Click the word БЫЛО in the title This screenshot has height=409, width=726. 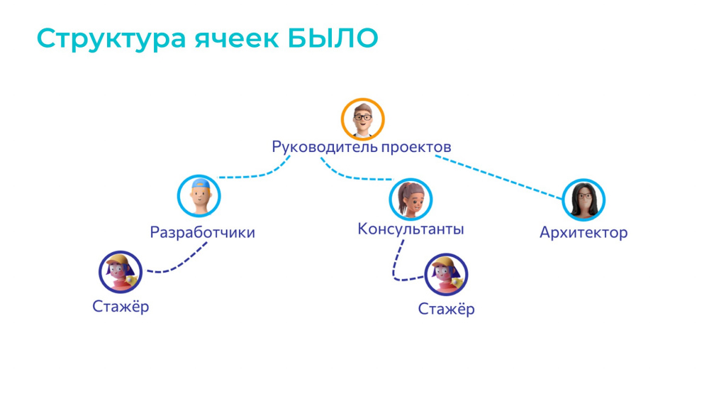(x=333, y=38)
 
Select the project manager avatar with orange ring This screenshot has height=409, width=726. (x=362, y=119)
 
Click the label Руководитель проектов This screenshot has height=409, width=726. (x=361, y=147)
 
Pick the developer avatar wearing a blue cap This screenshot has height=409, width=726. (x=199, y=196)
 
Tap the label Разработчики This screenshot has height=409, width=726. (x=202, y=232)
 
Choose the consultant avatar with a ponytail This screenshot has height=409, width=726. (x=411, y=200)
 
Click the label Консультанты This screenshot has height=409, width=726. (x=411, y=229)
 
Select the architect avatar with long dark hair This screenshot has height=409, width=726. (x=583, y=200)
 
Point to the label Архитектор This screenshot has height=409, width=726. (x=584, y=232)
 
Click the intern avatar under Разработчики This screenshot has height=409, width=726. (x=121, y=272)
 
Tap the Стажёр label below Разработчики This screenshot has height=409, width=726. (x=121, y=307)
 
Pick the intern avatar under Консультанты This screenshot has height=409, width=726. (x=447, y=275)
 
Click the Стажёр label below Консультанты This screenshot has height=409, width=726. (x=447, y=309)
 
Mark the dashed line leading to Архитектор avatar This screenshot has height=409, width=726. (x=499, y=177)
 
